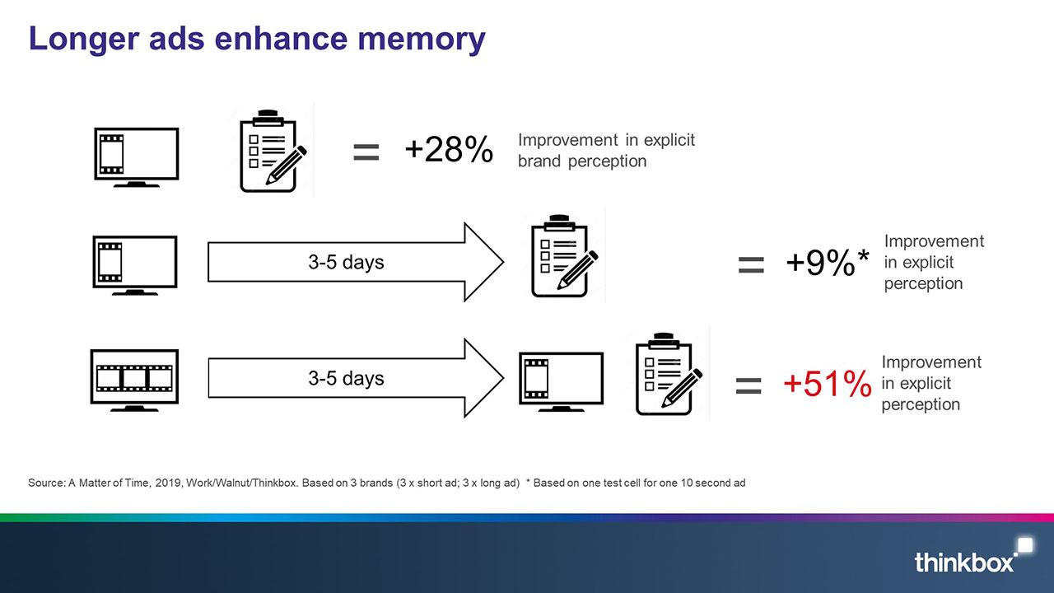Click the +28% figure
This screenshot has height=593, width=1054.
click(x=449, y=149)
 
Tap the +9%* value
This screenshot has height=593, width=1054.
click(x=828, y=262)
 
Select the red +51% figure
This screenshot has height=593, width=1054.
click(x=828, y=383)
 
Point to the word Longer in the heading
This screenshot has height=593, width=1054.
click(x=84, y=40)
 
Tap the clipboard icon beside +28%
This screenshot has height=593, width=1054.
click(x=273, y=151)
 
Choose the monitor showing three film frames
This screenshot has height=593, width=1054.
click(x=134, y=381)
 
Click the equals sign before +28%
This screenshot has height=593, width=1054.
click(x=366, y=152)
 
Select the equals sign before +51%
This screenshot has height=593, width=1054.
click(x=749, y=386)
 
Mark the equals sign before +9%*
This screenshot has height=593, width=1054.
click(x=751, y=264)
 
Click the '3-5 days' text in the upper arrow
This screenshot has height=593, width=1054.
click(x=346, y=262)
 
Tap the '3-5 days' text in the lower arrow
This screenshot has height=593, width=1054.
click(x=346, y=378)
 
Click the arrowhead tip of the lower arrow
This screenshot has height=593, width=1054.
click(x=503, y=377)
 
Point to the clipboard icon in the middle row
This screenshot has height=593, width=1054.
click(x=564, y=256)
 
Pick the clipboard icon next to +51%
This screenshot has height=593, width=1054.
click(x=669, y=374)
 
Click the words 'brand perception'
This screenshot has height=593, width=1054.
click(x=582, y=161)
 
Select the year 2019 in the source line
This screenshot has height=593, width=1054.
click(x=168, y=483)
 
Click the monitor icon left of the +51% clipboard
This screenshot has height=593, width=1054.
click(x=561, y=381)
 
